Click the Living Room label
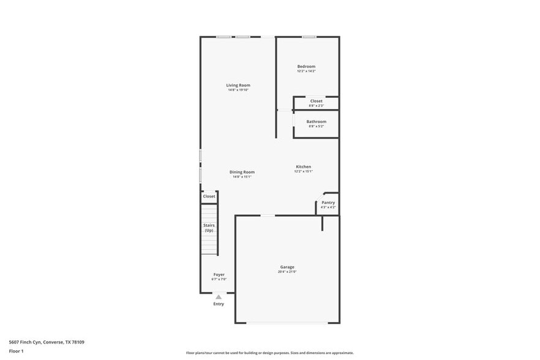point(238,85)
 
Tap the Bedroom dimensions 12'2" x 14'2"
point(306,71)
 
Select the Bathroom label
point(317,121)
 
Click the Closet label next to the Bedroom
point(316,101)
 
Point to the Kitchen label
point(304,167)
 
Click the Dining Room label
point(242,172)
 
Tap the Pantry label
point(328,203)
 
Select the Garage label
point(287,267)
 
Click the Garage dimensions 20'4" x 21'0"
point(287,272)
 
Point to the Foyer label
point(219,274)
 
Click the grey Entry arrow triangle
point(218,297)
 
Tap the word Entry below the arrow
point(219,304)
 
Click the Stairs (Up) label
point(209,228)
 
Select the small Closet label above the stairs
point(209,197)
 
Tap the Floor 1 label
point(16,351)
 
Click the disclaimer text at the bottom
point(269,353)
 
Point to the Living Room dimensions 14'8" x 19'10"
point(238,90)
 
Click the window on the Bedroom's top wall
point(309,37)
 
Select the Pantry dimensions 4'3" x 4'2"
point(328,208)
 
